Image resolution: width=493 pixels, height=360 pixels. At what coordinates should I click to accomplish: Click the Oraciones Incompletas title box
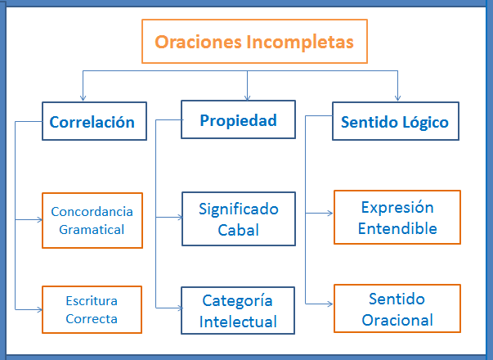tap(254, 42)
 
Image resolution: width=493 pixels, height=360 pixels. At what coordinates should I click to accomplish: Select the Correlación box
tap(94, 122)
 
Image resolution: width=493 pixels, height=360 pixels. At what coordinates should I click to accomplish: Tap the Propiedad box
tap(238, 120)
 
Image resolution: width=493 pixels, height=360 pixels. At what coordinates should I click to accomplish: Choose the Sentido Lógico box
tap(394, 123)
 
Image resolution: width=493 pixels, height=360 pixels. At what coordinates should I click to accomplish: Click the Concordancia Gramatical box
tap(92, 220)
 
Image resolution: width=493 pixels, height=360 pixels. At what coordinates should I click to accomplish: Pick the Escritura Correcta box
tap(92, 309)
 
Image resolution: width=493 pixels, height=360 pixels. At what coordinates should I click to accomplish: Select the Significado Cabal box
tap(238, 219)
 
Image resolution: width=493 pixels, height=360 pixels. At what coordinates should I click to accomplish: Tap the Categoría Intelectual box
tap(238, 311)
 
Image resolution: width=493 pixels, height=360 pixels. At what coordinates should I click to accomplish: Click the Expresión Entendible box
tap(397, 217)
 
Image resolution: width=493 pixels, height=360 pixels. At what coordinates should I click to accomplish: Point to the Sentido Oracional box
tap(397, 309)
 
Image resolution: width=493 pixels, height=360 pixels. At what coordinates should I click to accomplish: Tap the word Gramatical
tap(92, 229)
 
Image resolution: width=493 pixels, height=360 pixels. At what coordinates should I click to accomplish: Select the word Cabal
tap(238, 230)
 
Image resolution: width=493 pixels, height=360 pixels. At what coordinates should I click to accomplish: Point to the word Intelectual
tap(238, 322)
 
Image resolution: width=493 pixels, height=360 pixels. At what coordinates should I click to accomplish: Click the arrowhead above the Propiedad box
tap(248, 97)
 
